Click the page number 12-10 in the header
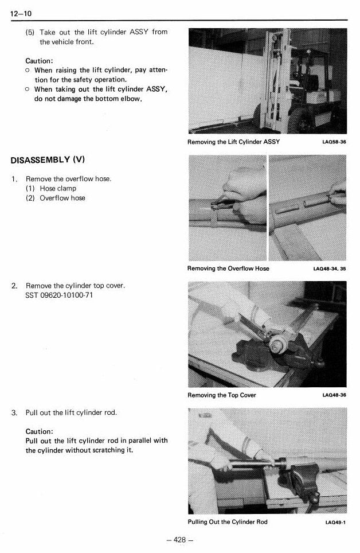[21, 13]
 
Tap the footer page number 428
[179, 540]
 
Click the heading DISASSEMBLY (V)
[48, 160]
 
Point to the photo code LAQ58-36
[334, 142]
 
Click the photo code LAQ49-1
[335, 522]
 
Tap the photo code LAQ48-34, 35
[329, 268]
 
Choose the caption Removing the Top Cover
[222, 395]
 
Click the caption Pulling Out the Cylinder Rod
[228, 521]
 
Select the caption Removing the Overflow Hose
[228, 268]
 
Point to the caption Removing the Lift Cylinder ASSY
[233, 142]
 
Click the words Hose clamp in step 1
[58, 188]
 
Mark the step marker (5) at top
[30, 32]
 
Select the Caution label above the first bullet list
[39, 61]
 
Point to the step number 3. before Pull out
[14, 412]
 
